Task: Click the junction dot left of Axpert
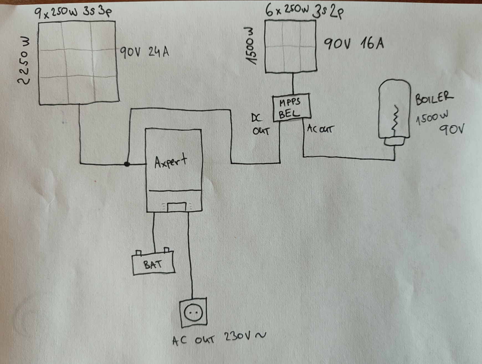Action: [x=127, y=164]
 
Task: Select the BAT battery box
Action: [x=153, y=264]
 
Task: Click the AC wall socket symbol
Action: [x=193, y=312]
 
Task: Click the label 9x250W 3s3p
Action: [x=73, y=13]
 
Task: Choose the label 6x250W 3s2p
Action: [x=304, y=11]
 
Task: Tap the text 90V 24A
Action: [x=144, y=52]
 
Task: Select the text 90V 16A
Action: [x=354, y=43]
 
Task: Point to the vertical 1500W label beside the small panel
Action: [x=251, y=46]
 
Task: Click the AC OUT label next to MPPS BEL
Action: [x=320, y=129]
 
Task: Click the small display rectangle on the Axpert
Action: [x=176, y=207]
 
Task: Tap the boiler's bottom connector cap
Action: [x=394, y=142]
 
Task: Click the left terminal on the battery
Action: [x=139, y=253]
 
